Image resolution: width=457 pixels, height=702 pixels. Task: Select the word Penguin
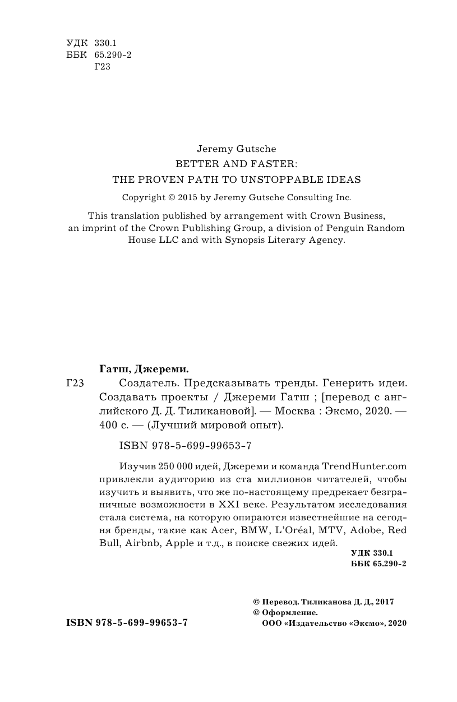[349, 228]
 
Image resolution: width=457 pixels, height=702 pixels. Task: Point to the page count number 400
[107, 425]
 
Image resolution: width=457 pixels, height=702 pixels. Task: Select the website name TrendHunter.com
[364, 466]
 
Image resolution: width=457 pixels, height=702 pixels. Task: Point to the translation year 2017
[385, 602]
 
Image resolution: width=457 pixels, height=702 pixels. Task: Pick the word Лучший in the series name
[163, 425]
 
